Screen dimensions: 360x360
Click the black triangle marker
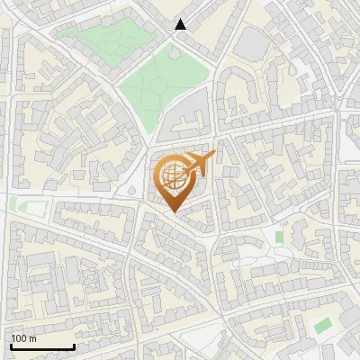click(x=181, y=24)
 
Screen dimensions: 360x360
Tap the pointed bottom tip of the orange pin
click(x=173, y=211)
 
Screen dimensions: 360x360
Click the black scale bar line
click(x=42, y=346)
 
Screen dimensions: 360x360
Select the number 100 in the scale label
click(x=19, y=338)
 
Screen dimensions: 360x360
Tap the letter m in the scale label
click(x=32, y=338)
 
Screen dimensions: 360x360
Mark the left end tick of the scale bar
click(x=11, y=345)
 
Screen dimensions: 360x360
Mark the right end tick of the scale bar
click(x=74, y=345)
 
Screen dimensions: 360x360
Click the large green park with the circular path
click(x=162, y=85)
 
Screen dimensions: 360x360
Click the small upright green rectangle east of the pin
click(x=279, y=237)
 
